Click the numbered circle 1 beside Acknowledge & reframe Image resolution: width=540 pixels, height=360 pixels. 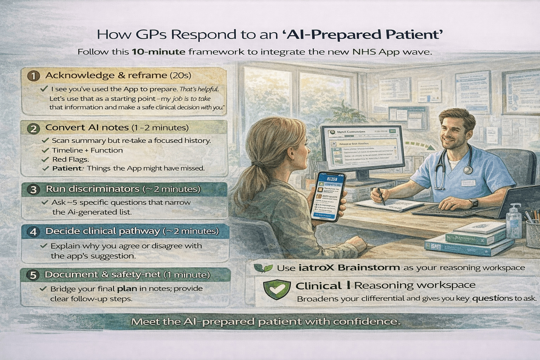pyautogui.click(x=33, y=76)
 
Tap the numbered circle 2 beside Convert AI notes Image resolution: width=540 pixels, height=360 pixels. pyautogui.click(x=33, y=128)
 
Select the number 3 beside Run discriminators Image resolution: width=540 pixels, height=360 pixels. pyautogui.click(x=33, y=190)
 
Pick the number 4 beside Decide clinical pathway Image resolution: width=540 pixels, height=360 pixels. pyautogui.click(x=33, y=232)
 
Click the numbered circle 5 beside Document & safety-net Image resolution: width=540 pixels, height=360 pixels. pyautogui.click(x=33, y=275)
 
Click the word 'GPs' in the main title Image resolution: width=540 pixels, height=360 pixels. pyautogui.click(x=151, y=35)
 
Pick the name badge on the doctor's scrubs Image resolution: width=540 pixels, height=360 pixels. pyautogui.click(x=468, y=182)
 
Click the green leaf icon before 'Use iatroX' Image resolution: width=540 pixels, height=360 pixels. pyautogui.click(x=263, y=268)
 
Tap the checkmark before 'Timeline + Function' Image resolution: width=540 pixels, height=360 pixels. pyautogui.click(x=45, y=150)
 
